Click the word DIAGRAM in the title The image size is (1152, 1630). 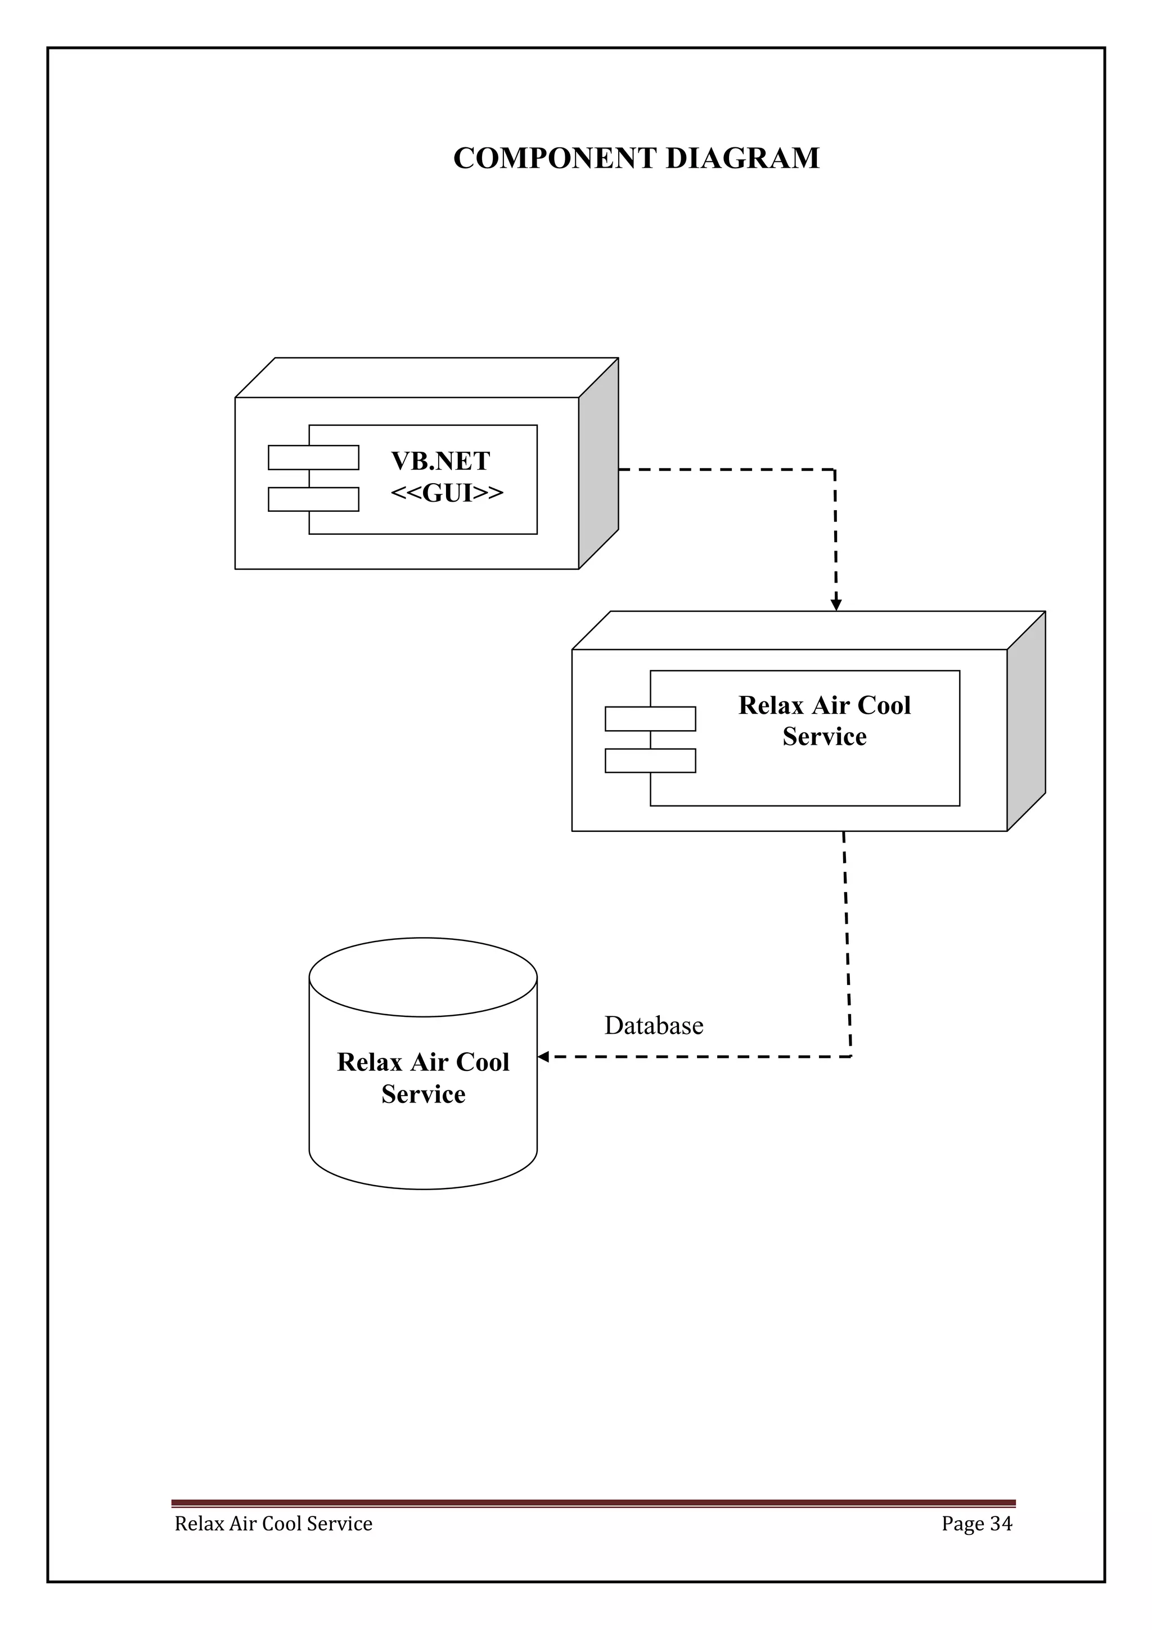pos(742,158)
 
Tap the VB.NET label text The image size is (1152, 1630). pos(440,461)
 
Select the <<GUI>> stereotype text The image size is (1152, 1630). pos(447,493)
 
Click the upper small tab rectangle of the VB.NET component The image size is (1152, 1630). pos(313,457)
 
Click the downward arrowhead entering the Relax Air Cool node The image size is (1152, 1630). pos(836,605)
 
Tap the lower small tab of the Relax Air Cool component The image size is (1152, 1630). pos(650,760)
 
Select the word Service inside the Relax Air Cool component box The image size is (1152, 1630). pos(824,737)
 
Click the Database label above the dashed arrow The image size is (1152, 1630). pos(654,1025)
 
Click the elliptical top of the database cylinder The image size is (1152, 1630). pos(423,977)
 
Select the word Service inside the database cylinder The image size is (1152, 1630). pos(423,1094)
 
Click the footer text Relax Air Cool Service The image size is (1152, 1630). pos(273,1524)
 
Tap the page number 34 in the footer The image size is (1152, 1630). pos(1001,1524)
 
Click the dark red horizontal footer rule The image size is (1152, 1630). pos(593,1503)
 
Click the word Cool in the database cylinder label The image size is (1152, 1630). pos(483,1062)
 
